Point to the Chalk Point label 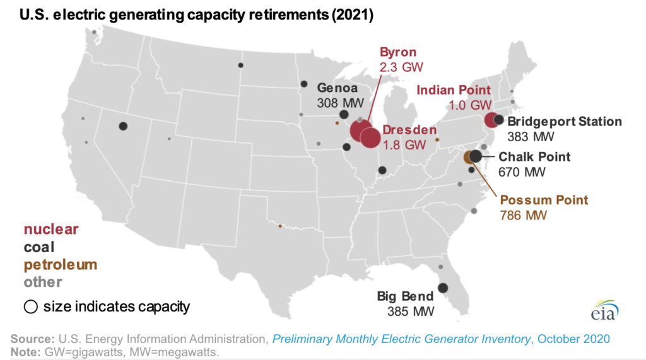click(534, 157)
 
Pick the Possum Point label click(544, 200)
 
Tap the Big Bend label click(405, 296)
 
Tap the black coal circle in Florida click(443, 288)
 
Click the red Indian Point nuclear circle click(491, 120)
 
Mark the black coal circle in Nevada click(123, 126)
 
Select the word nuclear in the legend click(51, 229)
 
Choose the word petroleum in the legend click(61, 264)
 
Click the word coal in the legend click(39, 247)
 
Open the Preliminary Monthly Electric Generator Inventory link click(401, 339)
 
